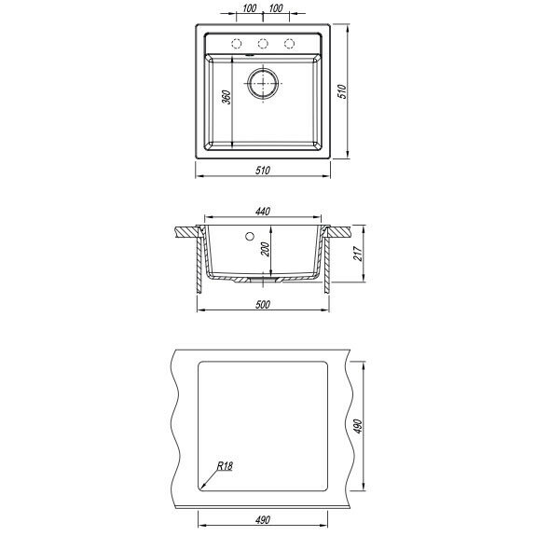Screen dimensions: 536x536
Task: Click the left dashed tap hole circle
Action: [237, 39]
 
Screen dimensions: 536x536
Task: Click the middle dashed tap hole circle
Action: [263, 39]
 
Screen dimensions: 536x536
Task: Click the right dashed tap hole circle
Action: [289, 39]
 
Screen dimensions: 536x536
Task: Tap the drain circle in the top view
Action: [263, 69]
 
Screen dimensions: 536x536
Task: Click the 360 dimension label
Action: [226, 97]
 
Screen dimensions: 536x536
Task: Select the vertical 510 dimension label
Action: [342, 91]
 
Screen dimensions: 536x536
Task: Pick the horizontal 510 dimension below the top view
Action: [263, 171]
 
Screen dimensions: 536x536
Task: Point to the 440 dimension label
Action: [263, 212]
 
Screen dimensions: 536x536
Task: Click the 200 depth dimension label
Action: [265, 249]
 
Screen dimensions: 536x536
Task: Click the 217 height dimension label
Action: [358, 254]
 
